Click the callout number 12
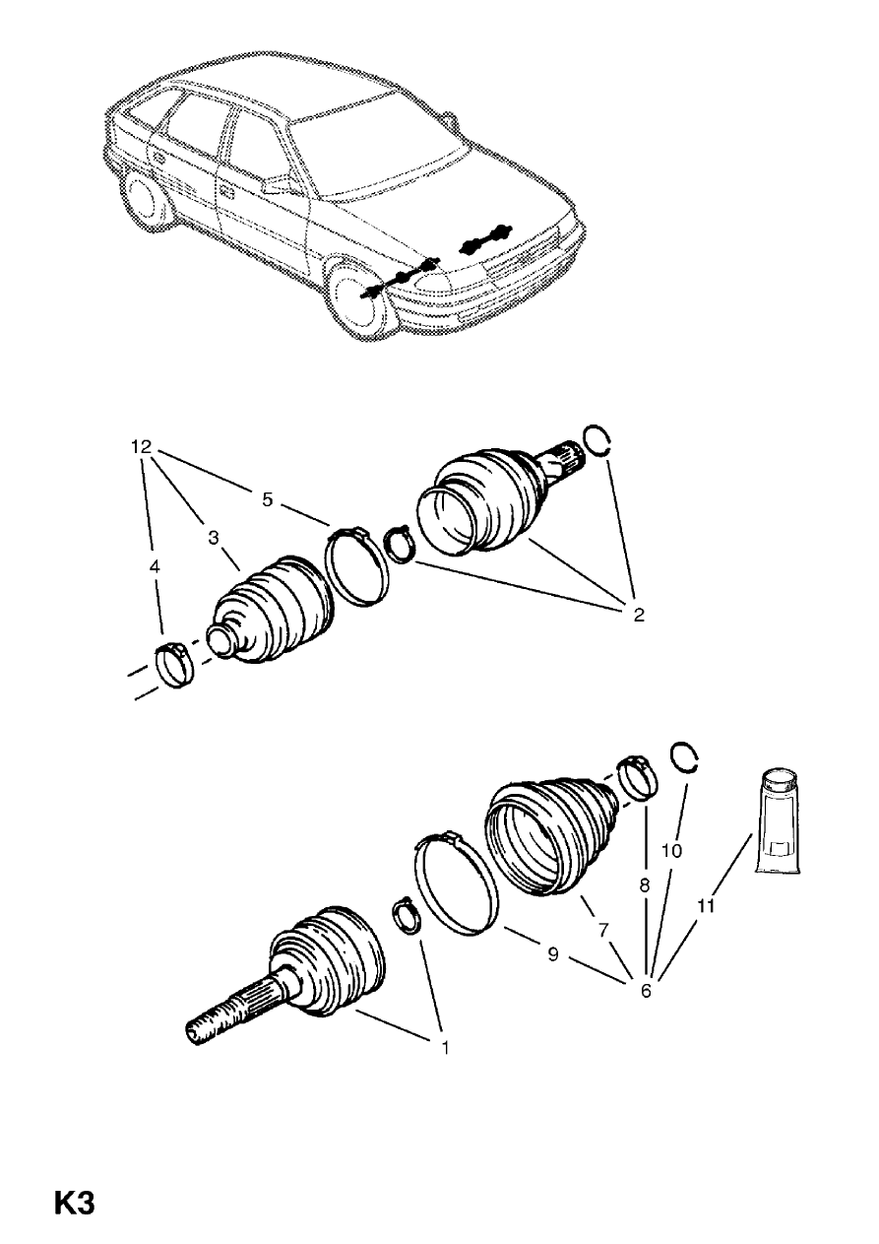142,446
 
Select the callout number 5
267,498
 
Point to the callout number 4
153,568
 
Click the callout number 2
638,616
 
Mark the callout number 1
444,1048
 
